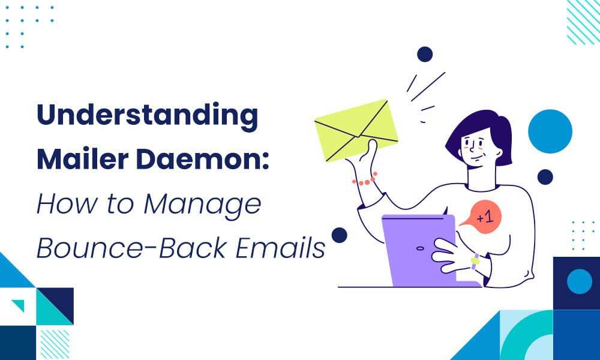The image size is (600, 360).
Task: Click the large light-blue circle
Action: [x=550, y=131]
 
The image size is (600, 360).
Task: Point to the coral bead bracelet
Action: [x=364, y=179]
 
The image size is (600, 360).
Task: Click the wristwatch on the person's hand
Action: [x=475, y=262]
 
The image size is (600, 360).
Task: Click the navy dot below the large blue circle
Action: [x=545, y=176]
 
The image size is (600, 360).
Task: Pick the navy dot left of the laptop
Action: [x=339, y=235]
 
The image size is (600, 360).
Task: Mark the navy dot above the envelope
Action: [x=425, y=54]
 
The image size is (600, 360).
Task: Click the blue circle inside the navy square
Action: [x=579, y=281]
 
